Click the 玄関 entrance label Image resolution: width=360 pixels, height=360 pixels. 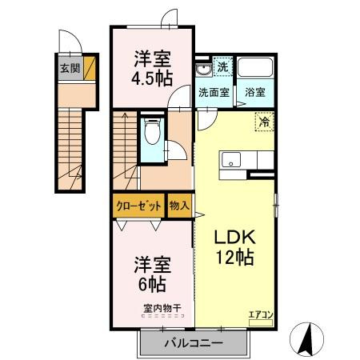[x=70, y=69]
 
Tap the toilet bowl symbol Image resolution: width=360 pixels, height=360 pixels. [x=152, y=131]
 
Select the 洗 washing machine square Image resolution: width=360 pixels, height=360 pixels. [x=223, y=66]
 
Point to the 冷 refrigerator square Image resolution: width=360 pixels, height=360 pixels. [x=265, y=122]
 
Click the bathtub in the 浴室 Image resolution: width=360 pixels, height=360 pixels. [x=255, y=67]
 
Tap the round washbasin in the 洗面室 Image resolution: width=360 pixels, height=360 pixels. [x=203, y=70]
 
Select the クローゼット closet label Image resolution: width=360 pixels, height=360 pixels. [x=138, y=206]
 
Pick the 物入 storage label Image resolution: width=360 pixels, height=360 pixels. [x=179, y=206]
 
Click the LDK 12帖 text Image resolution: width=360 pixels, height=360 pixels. [x=235, y=247]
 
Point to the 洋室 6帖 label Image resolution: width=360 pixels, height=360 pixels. [x=152, y=274]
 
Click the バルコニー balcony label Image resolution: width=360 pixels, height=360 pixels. [x=194, y=342]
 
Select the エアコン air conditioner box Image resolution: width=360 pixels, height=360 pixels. [x=261, y=323]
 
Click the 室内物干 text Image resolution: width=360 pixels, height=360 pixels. [x=162, y=309]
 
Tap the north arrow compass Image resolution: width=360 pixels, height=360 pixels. [x=306, y=338]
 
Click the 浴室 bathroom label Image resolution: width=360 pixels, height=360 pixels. [x=255, y=93]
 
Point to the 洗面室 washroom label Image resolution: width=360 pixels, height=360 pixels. [x=214, y=93]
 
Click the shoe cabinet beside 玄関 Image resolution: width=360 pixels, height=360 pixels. [x=90, y=68]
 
